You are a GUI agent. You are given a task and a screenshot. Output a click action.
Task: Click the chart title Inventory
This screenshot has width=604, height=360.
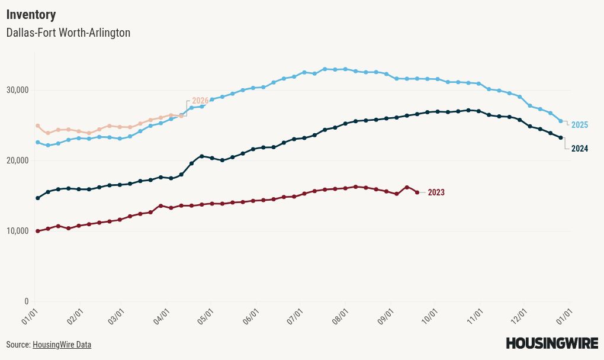click(x=31, y=15)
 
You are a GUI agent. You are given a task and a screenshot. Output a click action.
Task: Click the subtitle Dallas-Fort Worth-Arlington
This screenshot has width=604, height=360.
click(x=68, y=33)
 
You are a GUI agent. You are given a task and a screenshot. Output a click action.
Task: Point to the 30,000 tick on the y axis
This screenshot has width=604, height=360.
click(x=18, y=90)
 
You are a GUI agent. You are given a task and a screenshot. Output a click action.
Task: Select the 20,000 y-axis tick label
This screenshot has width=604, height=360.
click(x=18, y=160)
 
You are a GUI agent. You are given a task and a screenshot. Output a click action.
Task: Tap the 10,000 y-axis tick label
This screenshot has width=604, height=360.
click(x=18, y=231)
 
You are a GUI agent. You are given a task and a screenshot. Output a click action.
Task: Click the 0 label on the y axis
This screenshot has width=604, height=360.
click(x=27, y=301)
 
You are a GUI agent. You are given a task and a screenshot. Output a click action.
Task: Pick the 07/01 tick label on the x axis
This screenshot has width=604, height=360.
click(x=297, y=313)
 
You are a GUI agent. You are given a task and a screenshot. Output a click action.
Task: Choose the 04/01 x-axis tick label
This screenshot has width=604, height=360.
click(x=163, y=313)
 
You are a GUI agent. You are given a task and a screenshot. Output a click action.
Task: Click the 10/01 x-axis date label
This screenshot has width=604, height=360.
click(x=430, y=313)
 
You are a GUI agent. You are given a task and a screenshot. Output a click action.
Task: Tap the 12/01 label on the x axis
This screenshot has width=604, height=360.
click(x=520, y=313)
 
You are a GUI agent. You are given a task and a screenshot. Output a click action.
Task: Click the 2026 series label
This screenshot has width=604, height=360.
click(x=200, y=101)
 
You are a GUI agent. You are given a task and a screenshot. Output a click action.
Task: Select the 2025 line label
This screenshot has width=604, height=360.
click(x=580, y=125)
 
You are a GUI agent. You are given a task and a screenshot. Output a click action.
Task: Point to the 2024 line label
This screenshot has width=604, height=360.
click(x=580, y=149)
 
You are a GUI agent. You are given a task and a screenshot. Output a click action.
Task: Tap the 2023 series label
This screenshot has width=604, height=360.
click(x=436, y=192)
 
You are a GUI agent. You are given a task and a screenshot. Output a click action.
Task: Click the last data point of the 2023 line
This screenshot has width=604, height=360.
click(x=417, y=192)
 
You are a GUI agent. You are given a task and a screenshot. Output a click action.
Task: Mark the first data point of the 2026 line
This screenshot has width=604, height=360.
click(x=38, y=126)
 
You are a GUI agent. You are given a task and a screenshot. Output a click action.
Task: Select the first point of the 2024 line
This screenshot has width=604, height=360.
click(x=38, y=198)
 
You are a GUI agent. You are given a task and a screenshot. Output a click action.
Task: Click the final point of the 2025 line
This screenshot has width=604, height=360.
click(x=561, y=121)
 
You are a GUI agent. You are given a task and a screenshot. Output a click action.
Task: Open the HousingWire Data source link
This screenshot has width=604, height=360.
click(x=62, y=345)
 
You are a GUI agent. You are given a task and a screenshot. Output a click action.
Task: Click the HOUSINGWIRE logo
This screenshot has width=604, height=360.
click(x=552, y=343)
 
